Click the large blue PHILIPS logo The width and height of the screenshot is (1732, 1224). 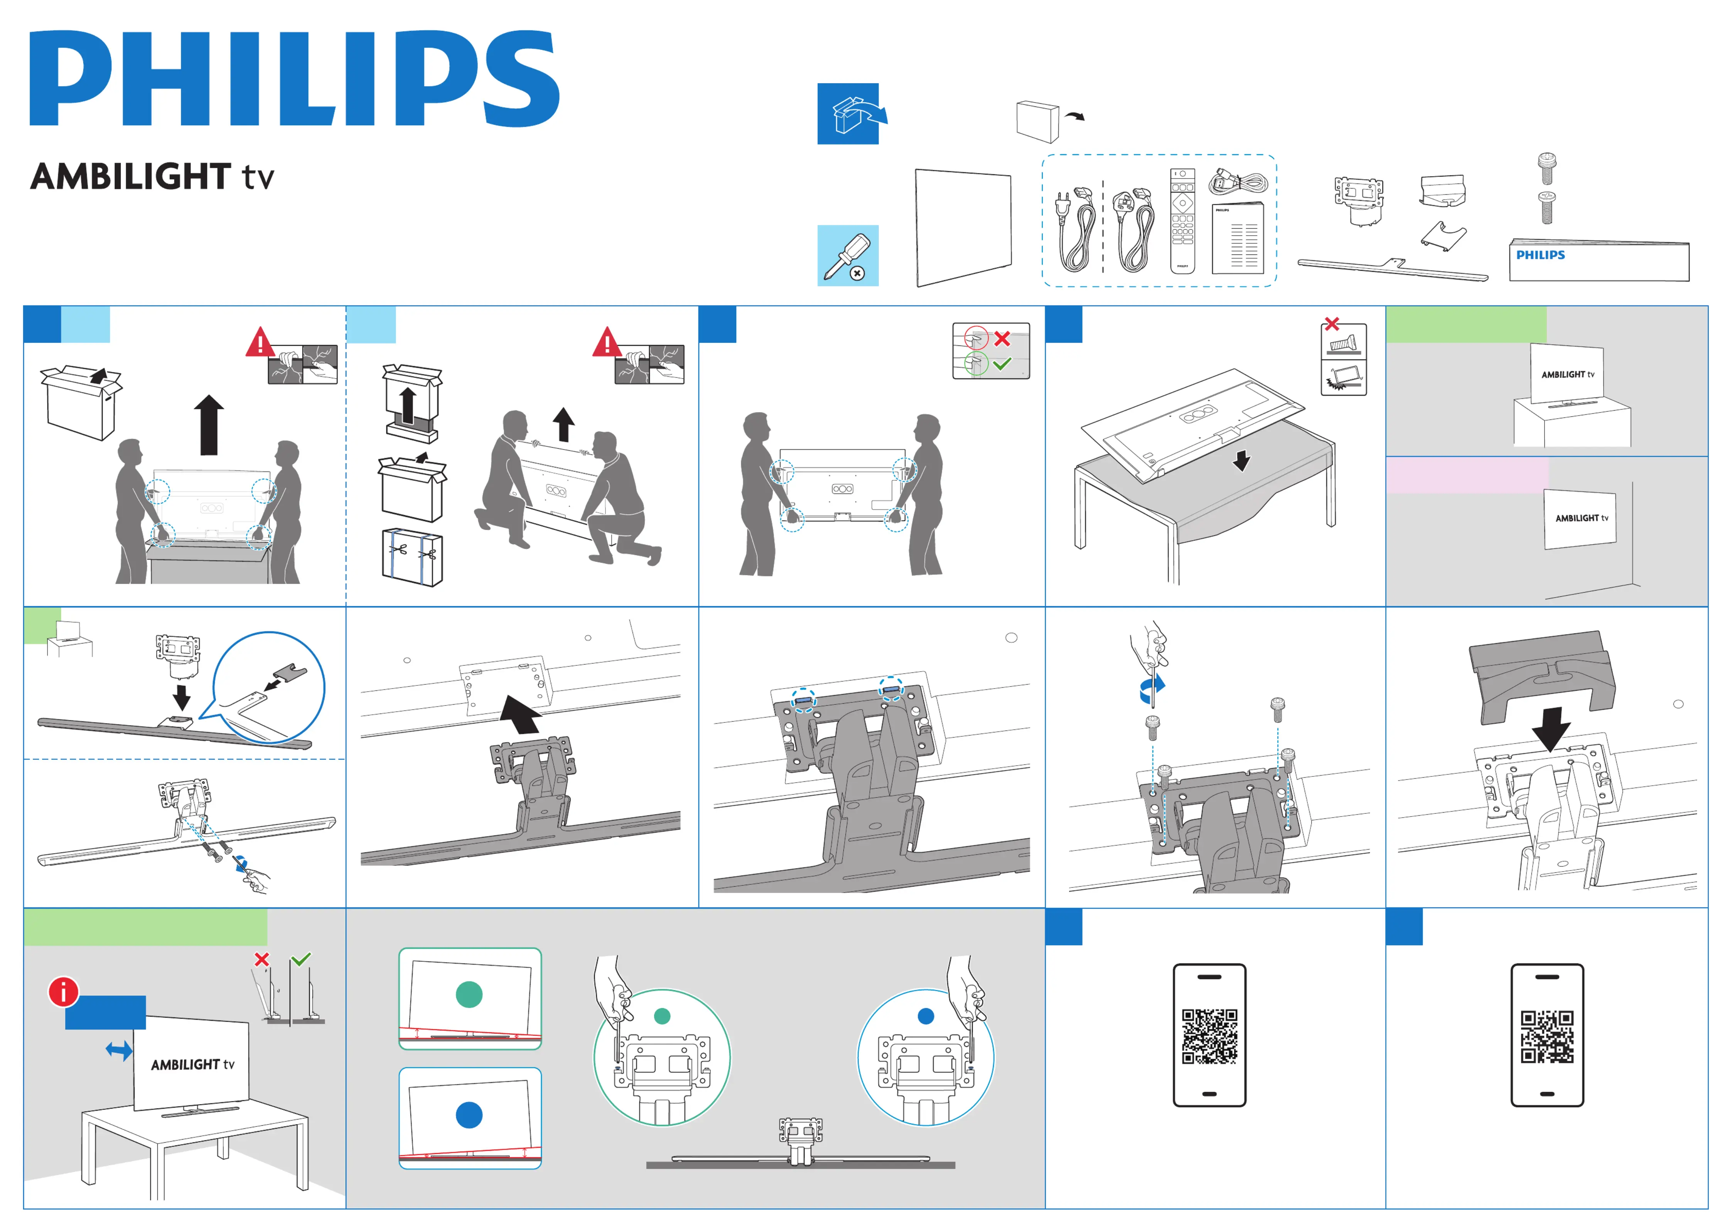[294, 78]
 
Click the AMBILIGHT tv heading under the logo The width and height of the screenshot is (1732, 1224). [152, 177]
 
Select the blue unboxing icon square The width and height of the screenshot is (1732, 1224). [848, 114]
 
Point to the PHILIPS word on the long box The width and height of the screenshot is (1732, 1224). [1540, 255]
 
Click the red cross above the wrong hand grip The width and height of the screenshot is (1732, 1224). [1002, 338]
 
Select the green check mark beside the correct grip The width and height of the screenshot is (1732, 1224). [1002, 364]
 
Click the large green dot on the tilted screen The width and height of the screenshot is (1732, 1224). [469, 995]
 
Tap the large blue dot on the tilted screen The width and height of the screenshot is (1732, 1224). [469, 1115]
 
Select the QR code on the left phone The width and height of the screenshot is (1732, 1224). [1209, 1036]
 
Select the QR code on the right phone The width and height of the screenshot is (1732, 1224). [1547, 1036]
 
